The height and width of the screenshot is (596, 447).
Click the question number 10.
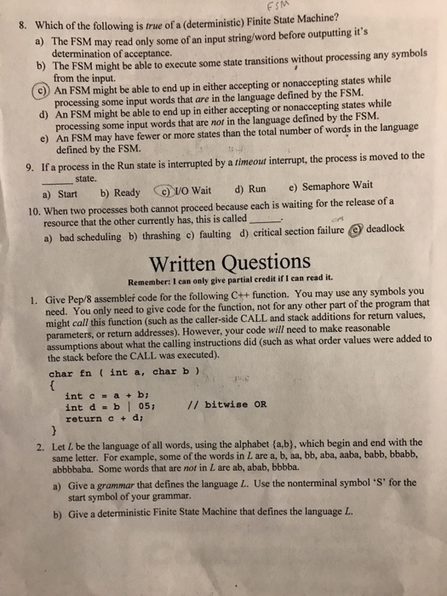coord(35,212)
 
